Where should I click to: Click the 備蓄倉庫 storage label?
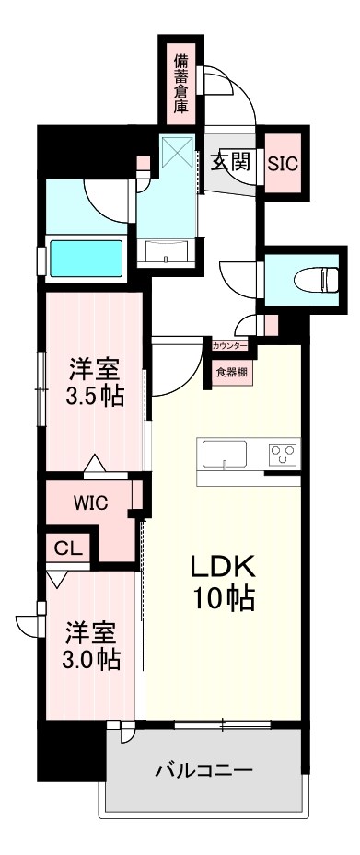(181, 83)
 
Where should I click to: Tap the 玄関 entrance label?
(230, 162)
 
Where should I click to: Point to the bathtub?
(86, 259)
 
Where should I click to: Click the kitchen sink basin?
(225, 454)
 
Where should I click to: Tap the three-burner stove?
(281, 454)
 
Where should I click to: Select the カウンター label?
(229, 346)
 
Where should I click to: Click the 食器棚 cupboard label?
(230, 373)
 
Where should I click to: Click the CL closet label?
(66, 549)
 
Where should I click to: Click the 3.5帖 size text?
(96, 398)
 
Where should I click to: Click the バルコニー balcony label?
(203, 769)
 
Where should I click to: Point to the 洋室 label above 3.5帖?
(96, 370)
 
